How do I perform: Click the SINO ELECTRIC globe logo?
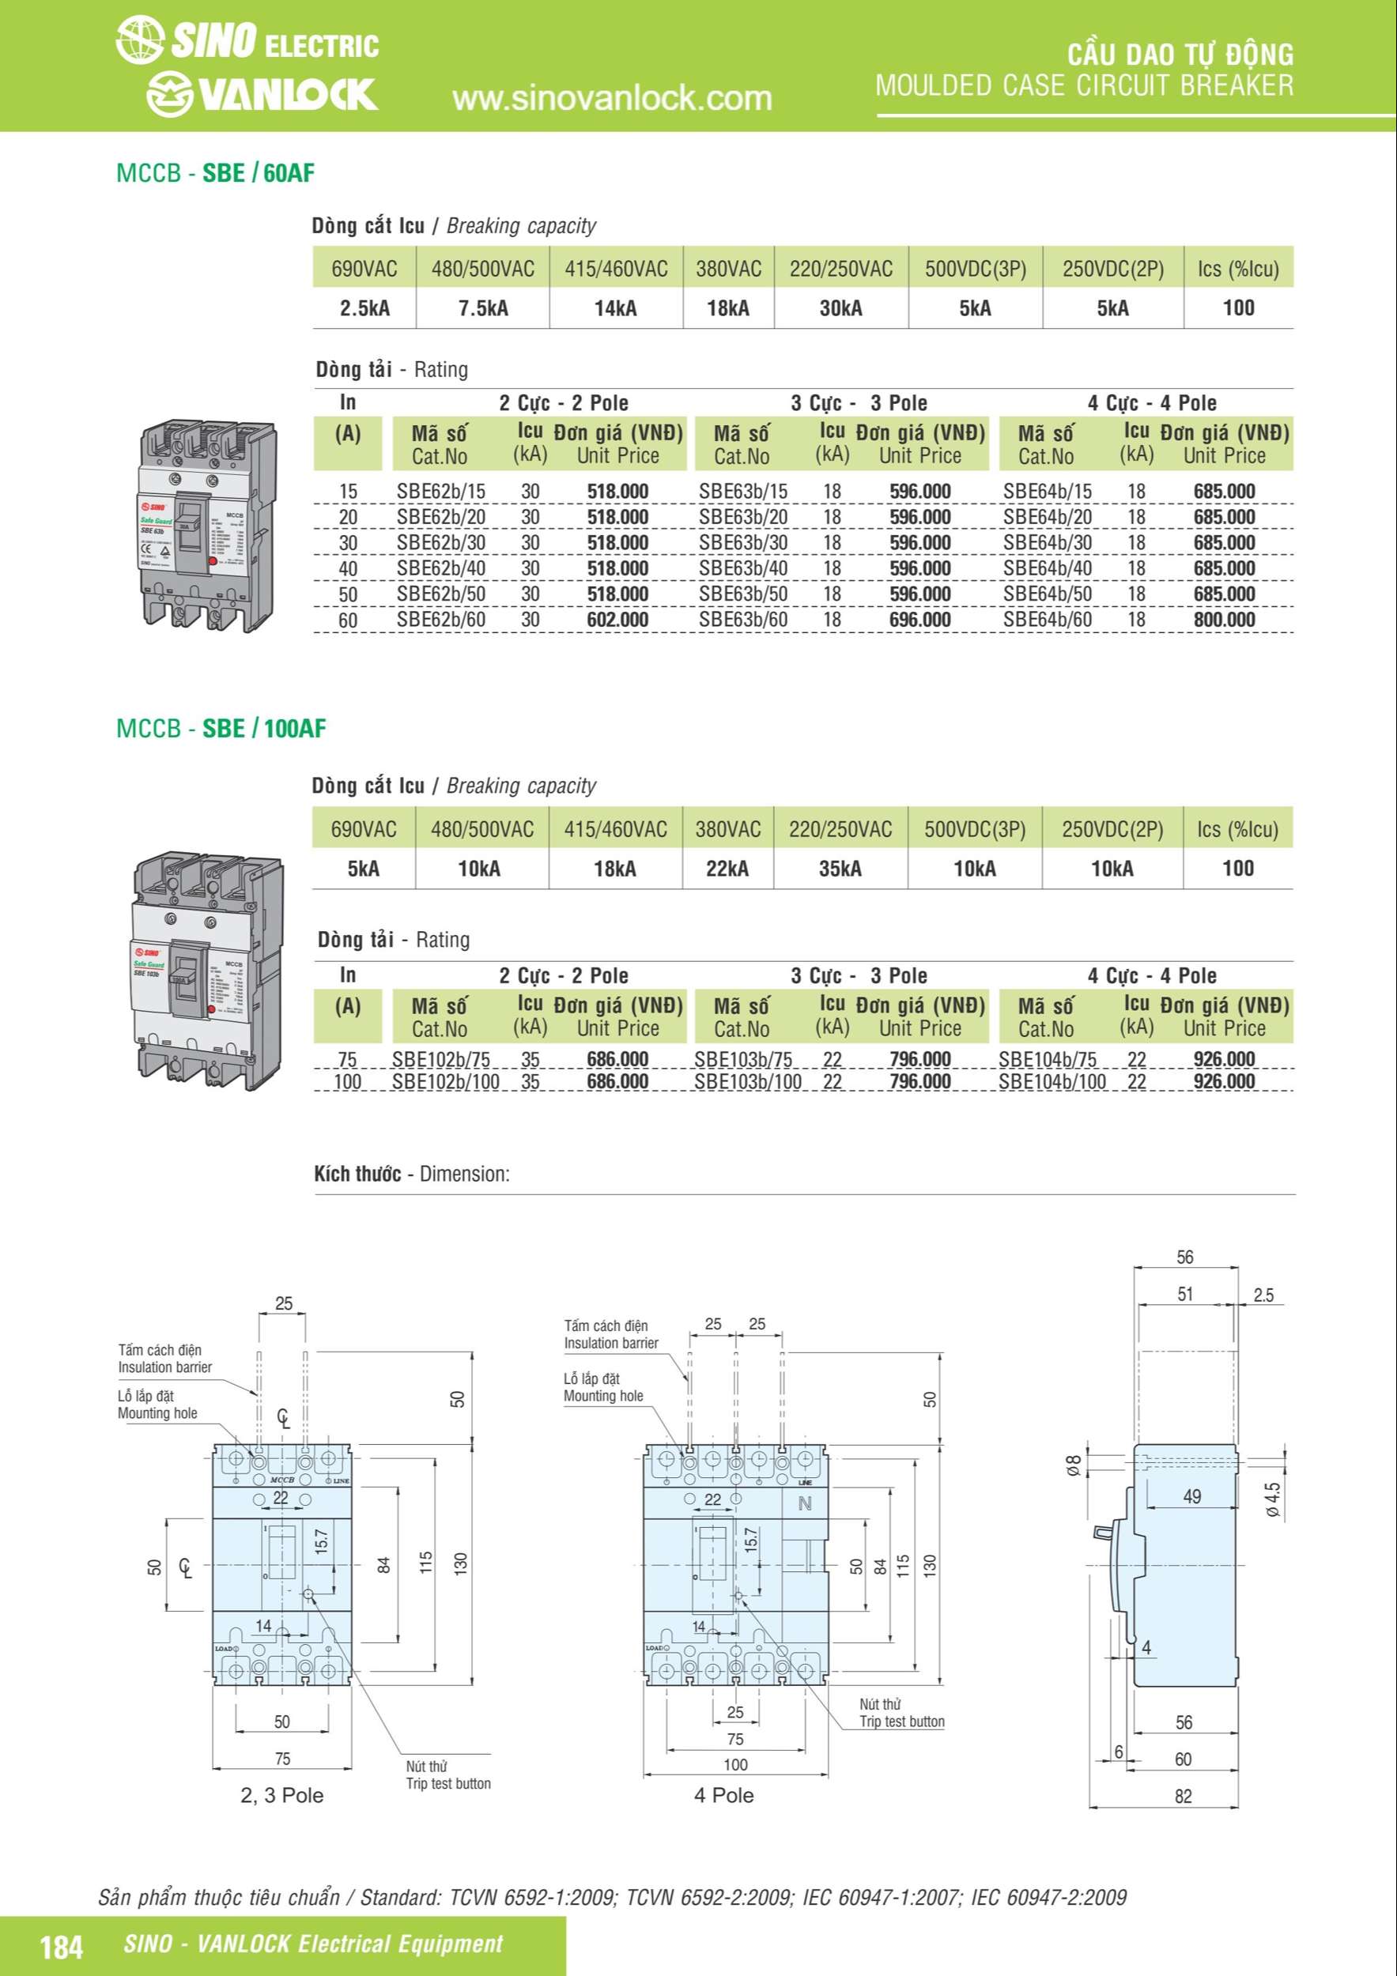pos(139,41)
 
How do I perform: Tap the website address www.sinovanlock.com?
pos(612,98)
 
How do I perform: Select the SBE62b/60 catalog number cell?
pos(440,620)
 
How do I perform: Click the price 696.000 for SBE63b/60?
pos(919,620)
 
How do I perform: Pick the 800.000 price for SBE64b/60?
pos(1223,620)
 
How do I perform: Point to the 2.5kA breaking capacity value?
pos(364,308)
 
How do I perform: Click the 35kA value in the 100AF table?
pos(840,869)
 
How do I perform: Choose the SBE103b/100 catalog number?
pos(747,1082)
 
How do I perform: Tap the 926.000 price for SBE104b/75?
pos(1223,1059)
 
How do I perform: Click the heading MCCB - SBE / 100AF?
pos(221,729)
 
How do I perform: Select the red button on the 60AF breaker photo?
pos(212,560)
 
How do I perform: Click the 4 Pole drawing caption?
pos(724,1795)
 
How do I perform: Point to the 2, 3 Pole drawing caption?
pos(281,1795)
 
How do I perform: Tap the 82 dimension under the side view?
pos(1184,1796)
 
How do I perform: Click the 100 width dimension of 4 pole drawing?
pos(735,1764)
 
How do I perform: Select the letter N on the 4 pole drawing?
pos(805,1503)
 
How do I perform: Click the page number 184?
pos(62,1947)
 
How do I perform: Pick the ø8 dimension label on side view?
pos(1074,1465)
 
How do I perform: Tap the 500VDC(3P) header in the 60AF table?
pos(976,270)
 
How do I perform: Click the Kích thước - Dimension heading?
pos(411,1174)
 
